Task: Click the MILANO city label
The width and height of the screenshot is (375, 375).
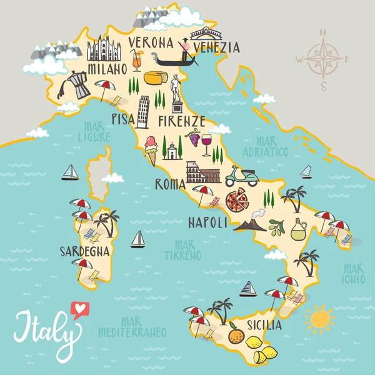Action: pyautogui.click(x=104, y=67)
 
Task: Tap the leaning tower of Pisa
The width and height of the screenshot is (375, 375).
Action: pyautogui.click(x=143, y=112)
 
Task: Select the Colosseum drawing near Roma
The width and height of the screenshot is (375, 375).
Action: pyautogui.click(x=203, y=172)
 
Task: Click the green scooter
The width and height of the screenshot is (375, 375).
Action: pyautogui.click(x=241, y=176)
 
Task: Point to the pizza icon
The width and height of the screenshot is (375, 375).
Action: pyautogui.click(x=237, y=201)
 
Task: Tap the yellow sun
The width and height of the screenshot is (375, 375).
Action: pyautogui.click(x=319, y=319)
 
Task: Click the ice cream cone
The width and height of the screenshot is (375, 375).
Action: pyautogui.click(x=151, y=151)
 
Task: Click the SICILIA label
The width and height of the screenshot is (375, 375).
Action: pyautogui.click(x=264, y=326)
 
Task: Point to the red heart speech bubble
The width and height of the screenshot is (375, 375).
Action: pyautogui.click(x=79, y=309)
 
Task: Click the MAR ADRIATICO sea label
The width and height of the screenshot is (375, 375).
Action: pyautogui.click(x=267, y=147)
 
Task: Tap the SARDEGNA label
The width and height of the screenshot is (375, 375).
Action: pyautogui.click(x=85, y=251)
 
